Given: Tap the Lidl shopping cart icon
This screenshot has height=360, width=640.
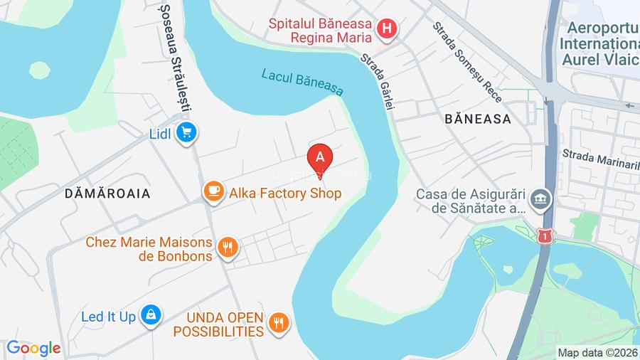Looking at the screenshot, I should [187, 132].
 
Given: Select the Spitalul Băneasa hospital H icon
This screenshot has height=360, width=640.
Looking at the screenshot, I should [386, 30].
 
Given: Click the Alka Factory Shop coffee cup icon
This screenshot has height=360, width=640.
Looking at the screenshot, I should [212, 192].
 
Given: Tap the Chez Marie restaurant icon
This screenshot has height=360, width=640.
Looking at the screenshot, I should [228, 248].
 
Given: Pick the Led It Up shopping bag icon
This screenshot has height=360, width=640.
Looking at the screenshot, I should [151, 315].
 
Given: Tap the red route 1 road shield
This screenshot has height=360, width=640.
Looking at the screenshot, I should [545, 235].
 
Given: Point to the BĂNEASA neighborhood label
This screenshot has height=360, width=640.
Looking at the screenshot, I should [478, 119].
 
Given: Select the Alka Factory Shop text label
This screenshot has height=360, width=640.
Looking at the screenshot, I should [284, 193].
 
